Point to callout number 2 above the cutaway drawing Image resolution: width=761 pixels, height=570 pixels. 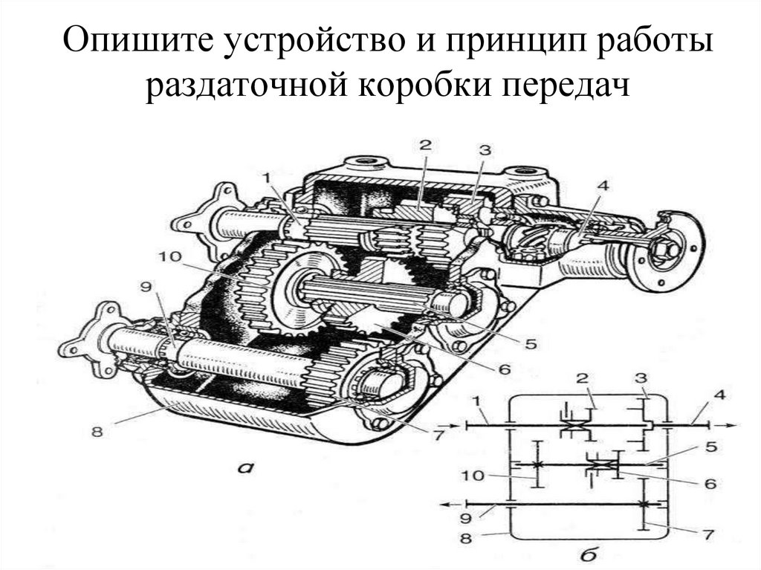click(x=424, y=145)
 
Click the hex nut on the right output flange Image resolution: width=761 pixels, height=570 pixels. click(x=664, y=250)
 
